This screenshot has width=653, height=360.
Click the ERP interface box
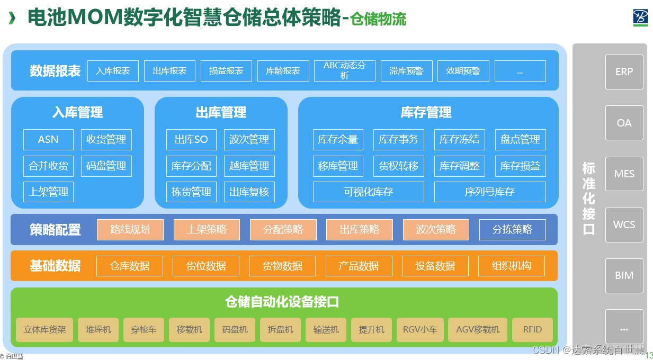pyautogui.click(x=624, y=71)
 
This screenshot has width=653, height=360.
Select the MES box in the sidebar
pyautogui.click(x=624, y=174)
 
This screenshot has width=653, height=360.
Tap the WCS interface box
pyautogui.click(x=624, y=224)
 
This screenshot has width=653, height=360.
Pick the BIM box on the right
pyautogui.click(x=624, y=275)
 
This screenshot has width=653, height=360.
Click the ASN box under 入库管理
pyautogui.click(x=48, y=140)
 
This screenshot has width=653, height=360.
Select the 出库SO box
pyautogui.click(x=191, y=140)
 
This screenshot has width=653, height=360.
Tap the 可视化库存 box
pyautogui.click(x=368, y=192)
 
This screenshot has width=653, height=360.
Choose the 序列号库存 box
pyautogui.click(x=489, y=192)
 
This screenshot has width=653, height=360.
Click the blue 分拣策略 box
pyautogui.click(x=512, y=230)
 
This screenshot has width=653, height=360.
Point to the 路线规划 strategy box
pyautogui.click(x=130, y=230)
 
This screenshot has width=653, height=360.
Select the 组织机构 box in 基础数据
pyautogui.click(x=511, y=266)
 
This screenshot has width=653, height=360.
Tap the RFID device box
pyautogui.click(x=532, y=329)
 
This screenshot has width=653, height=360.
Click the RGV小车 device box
pyautogui.click(x=419, y=329)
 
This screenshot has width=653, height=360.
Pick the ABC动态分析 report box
pyautogui.click(x=344, y=70)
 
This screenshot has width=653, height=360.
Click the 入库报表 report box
pyautogui.click(x=113, y=70)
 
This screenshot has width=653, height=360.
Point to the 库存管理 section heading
pyautogui.click(x=426, y=112)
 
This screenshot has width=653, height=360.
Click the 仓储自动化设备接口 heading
pyautogui.click(x=282, y=302)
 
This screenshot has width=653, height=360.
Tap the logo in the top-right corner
pyautogui.click(x=640, y=17)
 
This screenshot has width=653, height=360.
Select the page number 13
pyautogui.click(x=649, y=355)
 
